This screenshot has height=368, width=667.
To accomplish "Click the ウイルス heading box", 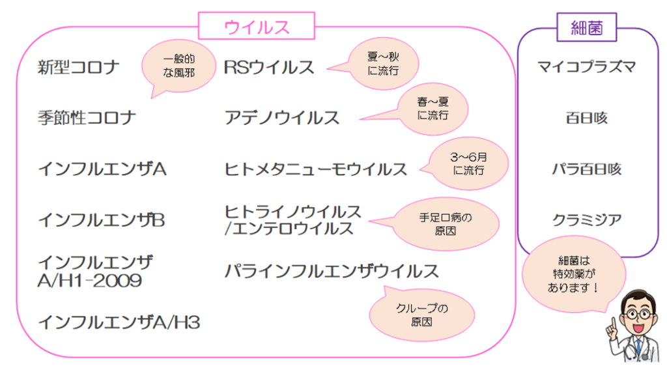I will pos(257,27).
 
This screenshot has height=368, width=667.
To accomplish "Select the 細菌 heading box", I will pos(587,28).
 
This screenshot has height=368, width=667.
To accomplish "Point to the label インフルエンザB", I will pos(102,220).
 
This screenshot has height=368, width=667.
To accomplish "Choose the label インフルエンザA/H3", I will pos(119,322).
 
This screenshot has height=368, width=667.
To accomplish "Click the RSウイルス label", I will pos(269,67).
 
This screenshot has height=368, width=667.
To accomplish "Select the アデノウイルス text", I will pos(282,118).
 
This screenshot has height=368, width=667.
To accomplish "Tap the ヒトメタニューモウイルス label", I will pos(316,169).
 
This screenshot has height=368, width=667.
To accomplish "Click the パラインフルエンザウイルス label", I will pos(332,271).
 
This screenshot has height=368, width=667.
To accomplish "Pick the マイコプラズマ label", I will pos(587,67).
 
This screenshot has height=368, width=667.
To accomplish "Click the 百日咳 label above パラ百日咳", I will pos(587,118).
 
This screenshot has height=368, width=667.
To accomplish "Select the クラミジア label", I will pos(587,220).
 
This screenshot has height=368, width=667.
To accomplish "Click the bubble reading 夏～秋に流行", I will pos(383,63).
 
